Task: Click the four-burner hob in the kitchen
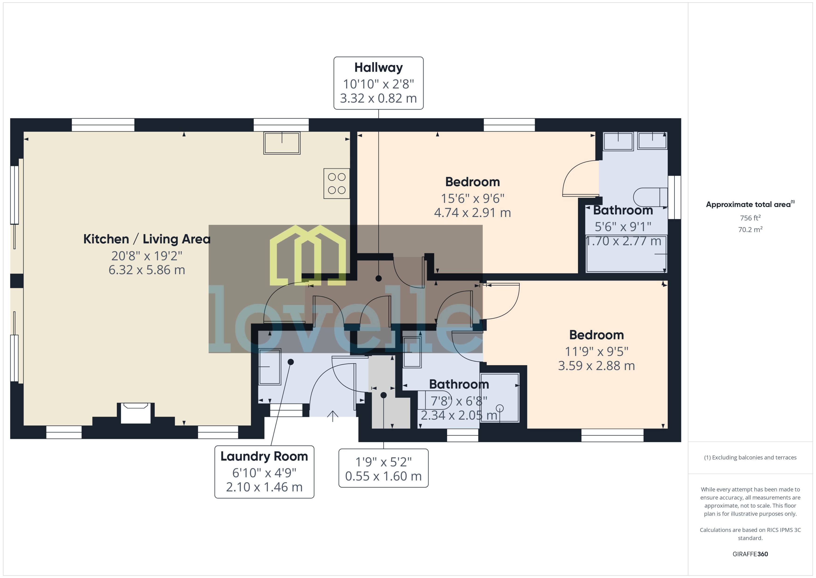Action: point(336,183)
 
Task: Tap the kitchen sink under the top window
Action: point(282,143)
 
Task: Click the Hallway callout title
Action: point(378,67)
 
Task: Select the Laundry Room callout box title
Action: point(264,456)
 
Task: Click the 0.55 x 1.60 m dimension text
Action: point(383,476)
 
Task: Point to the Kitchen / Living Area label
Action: point(146,239)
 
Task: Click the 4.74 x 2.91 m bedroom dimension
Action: point(472,213)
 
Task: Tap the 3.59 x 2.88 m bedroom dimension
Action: point(596,365)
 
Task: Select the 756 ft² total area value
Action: point(750,218)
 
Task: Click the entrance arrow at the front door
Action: point(332,416)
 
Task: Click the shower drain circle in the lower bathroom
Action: point(500,408)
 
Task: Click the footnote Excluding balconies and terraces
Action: point(750,458)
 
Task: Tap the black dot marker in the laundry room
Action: point(290,362)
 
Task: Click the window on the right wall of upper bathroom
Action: point(674,197)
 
